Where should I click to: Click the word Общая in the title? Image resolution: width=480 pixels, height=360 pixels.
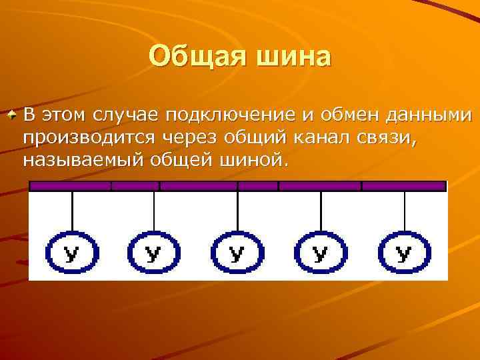tap(193, 56)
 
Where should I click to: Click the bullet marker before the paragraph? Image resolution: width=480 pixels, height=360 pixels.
tap(12, 115)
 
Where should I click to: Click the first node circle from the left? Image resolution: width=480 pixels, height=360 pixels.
tap(72, 253)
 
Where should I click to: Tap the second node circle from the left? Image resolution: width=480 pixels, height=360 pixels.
tap(154, 253)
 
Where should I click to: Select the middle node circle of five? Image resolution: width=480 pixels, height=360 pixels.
tap(237, 253)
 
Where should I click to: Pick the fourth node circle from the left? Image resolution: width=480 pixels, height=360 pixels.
tap(321, 253)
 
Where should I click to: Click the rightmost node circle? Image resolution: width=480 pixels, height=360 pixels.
tap(404, 253)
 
